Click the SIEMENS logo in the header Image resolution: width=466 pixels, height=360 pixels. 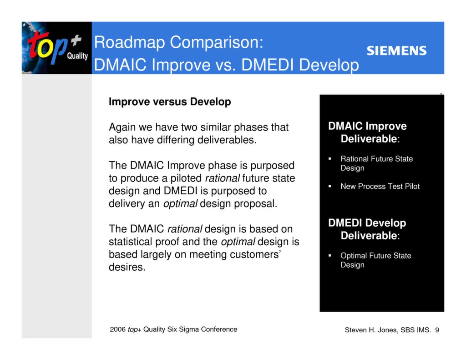coord(396,51)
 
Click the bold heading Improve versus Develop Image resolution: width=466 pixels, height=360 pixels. coord(170,102)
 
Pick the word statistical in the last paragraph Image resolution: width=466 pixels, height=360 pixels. coord(130,242)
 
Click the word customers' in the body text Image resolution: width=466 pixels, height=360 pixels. coord(257,254)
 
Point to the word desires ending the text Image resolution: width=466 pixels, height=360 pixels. coord(127,267)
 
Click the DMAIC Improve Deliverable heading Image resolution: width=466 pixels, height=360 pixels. coord(368,132)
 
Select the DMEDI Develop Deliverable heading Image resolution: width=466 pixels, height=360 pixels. coord(368,229)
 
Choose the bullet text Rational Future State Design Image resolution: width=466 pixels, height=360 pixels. coord(376,163)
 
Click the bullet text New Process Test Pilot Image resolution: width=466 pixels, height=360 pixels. coord(380,186)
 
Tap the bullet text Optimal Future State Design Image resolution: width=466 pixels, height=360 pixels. coord(375,260)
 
